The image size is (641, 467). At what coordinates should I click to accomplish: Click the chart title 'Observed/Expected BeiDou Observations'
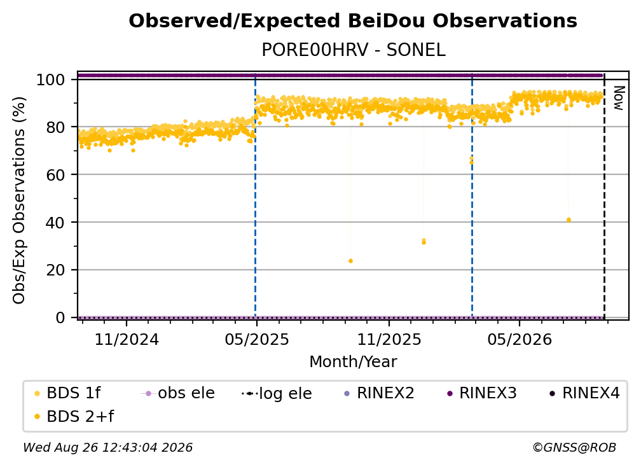(353, 21)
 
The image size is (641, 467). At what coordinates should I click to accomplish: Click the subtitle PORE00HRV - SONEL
(353, 50)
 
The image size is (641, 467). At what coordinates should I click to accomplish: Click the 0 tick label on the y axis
(60, 317)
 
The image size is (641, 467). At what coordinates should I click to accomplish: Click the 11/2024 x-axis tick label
(127, 339)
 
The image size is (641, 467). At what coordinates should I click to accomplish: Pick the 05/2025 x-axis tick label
(257, 339)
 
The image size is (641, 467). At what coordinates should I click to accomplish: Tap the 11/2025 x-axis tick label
(389, 339)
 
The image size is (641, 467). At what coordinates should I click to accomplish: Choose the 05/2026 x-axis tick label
(520, 339)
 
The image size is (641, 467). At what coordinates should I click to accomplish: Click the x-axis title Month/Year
(353, 362)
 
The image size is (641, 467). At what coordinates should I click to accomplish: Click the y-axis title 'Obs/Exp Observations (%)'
(19, 200)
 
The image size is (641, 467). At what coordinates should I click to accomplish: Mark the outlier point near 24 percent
(350, 261)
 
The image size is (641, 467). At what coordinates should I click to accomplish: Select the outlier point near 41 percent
(569, 220)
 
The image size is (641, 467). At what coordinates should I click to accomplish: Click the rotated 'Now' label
(619, 98)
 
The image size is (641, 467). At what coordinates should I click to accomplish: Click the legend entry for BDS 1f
(67, 393)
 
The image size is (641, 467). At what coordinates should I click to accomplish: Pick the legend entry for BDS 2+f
(74, 417)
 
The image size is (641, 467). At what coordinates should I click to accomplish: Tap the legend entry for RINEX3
(482, 393)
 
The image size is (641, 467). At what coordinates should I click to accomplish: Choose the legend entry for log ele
(277, 394)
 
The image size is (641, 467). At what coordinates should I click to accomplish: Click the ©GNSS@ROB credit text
(574, 447)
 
